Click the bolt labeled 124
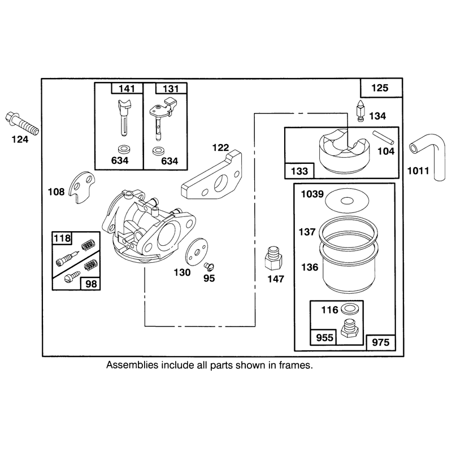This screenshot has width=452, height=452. pos(22,123)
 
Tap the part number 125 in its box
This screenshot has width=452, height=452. pos(380,88)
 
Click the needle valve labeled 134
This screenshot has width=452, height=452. pos(360,111)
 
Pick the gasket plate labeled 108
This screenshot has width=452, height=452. pos(82,187)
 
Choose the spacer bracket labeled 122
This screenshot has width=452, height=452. pos(212,175)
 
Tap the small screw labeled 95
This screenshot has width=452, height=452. pos(209,266)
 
